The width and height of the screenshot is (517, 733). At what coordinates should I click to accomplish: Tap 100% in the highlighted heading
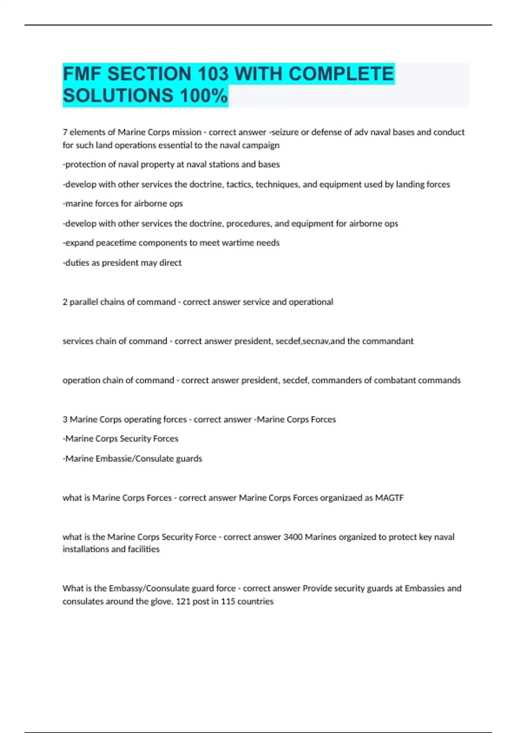coord(204,96)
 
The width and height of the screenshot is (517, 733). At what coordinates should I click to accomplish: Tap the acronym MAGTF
coord(389,498)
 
